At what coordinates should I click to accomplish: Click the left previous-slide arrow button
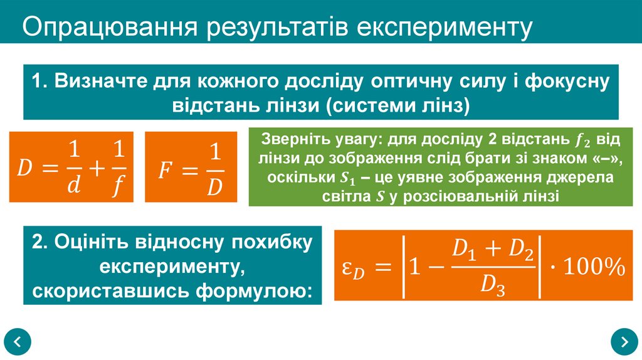(18, 342)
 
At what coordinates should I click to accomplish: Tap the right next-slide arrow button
(624, 342)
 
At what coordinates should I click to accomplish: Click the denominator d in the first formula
(75, 186)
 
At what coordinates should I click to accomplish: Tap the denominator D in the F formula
(214, 187)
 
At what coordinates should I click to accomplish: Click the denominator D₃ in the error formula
(493, 285)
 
